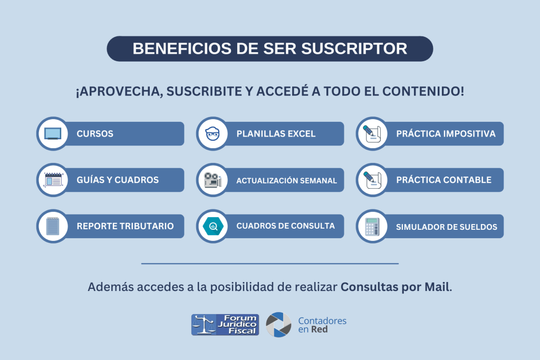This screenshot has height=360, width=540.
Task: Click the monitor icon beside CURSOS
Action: tap(53, 133)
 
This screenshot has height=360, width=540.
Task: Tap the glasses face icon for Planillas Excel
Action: tap(213, 133)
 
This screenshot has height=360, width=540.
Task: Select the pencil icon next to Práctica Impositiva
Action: tap(372, 133)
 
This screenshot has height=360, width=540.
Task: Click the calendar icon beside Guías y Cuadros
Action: tap(53, 180)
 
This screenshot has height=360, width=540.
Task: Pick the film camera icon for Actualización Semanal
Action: tap(213, 180)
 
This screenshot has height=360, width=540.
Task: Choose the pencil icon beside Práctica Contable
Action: tap(372, 180)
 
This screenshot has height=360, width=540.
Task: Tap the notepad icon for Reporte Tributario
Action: tap(53, 226)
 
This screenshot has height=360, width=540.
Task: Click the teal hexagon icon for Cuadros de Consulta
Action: tap(213, 226)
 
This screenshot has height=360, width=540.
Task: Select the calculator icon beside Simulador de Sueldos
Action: tap(372, 227)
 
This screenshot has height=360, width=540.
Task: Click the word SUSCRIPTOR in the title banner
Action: tap(354, 48)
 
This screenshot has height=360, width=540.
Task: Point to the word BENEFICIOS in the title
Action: tap(182, 48)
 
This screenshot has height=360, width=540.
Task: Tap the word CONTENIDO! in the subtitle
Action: tap(423, 91)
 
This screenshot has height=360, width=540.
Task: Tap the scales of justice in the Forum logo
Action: tap(204, 325)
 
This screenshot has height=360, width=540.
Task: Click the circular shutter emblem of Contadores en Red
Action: tap(278, 325)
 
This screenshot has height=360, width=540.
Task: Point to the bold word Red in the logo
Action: tap(319, 329)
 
